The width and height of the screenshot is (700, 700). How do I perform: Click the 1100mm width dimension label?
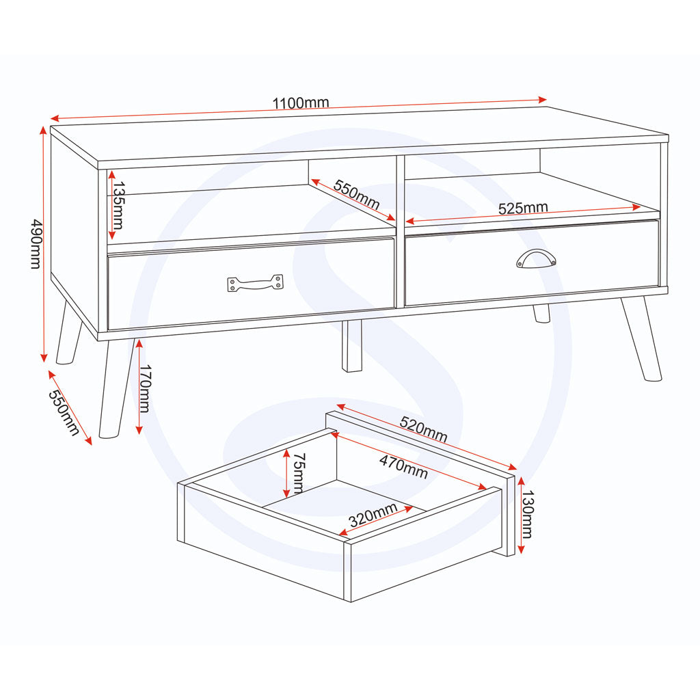301,103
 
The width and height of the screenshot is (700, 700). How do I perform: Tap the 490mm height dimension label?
35,244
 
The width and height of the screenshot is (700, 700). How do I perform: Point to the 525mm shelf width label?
523,208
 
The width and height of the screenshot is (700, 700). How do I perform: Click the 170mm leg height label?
144,388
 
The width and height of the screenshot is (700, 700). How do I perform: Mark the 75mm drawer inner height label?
298,473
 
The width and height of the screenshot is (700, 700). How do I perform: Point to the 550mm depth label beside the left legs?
64,412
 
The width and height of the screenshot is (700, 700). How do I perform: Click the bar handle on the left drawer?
255,283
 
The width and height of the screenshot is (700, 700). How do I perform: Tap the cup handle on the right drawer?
536,258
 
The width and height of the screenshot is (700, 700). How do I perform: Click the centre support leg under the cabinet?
352,346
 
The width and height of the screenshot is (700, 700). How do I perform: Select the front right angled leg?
641,338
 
